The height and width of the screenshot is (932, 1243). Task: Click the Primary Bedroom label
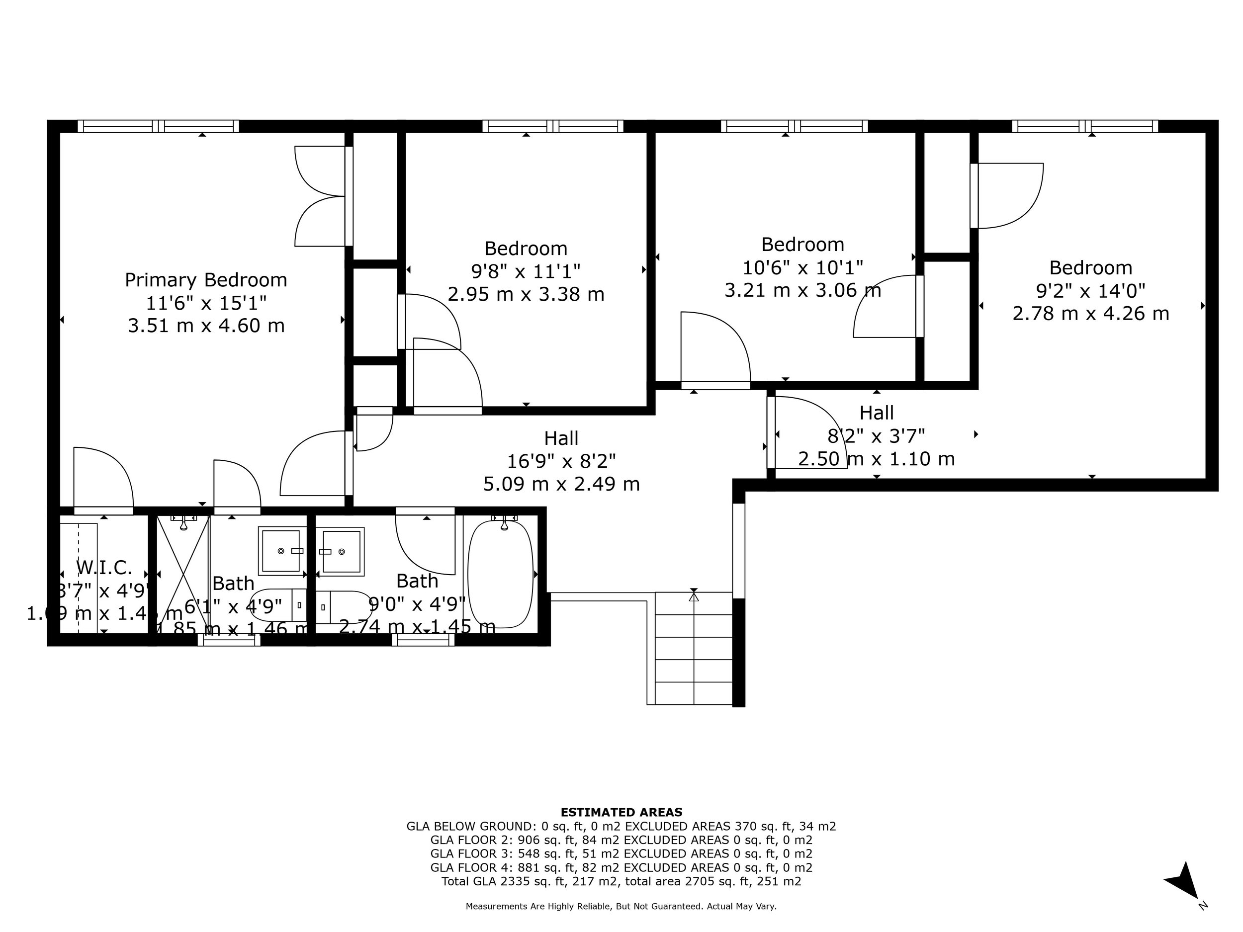[206, 280]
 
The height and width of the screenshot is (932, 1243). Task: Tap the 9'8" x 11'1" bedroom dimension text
[526, 271]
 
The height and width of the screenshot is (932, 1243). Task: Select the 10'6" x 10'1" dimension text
[802, 267]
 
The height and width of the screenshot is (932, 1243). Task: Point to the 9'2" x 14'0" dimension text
[1090, 290]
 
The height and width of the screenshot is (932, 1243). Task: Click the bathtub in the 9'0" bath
[500, 574]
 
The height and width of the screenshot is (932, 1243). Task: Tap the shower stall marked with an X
[182, 574]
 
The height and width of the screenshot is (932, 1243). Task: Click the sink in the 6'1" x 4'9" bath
[280, 551]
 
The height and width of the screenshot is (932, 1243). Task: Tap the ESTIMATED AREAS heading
[621, 812]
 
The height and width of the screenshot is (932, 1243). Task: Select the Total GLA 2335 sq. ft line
[621, 881]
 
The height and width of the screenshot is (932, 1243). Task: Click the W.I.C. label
[104, 568]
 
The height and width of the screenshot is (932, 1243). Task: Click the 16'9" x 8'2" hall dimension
[561, 461]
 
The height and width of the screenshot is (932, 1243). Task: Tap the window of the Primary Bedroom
[158, 126]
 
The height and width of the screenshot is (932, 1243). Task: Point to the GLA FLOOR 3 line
[621, 853]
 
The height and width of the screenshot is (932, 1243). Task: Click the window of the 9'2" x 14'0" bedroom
[1084, 126]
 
